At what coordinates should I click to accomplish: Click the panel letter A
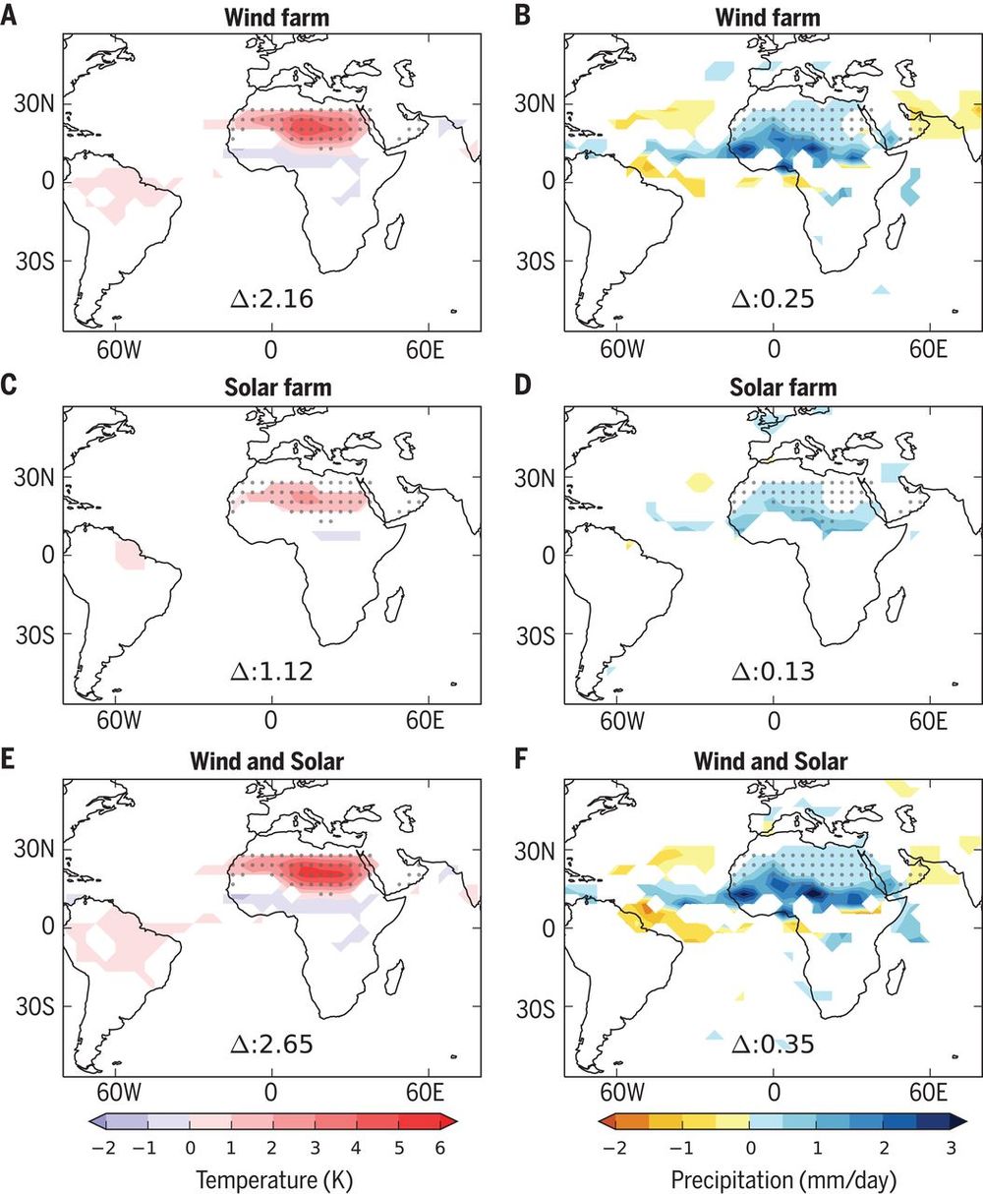[x=9, y=17]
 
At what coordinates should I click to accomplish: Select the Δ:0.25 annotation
[x=773, y=298]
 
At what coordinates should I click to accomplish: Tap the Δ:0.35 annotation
[x=773, y=1044]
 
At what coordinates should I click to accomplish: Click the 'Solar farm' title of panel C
[x=270, y=388]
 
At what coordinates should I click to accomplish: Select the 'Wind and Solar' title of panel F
[x=771, y=760]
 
